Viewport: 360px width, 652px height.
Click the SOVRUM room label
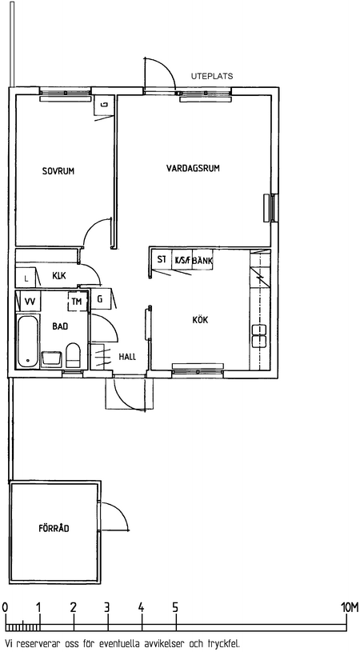click(x=58, y=171)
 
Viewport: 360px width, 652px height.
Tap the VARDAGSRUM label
click(x=193, y=169)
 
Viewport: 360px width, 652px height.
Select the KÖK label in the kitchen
click(x=200, y=320)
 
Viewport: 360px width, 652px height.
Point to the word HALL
click(x=127, y=357)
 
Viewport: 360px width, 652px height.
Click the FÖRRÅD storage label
click(x=54, y=529)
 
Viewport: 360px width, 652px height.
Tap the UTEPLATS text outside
click(x=212, y=77)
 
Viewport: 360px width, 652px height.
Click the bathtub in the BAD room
click(x=28, y=342)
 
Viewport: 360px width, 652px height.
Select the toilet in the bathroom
click(x=73, y=355)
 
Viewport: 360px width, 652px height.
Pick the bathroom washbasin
click(x=52, y=359)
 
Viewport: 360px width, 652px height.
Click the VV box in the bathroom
click(x=30, y=301)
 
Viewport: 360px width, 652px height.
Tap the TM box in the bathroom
click(x=78, y=302)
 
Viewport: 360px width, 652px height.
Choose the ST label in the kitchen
click(x=162, y=259)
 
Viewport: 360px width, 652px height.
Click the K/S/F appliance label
click(x=182, y=261)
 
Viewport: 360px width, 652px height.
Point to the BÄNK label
click(x=203, y=261)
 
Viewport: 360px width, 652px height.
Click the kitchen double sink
click(x=258, y=336)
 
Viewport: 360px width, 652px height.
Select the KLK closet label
click(x=59, y=275)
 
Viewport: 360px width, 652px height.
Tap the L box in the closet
click(x=26, y=278)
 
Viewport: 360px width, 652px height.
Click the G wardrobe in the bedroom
click(x=105, y=104)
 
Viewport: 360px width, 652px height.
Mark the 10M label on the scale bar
click(x=348, y=607)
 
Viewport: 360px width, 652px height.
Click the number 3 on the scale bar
click(x=107, y=607)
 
